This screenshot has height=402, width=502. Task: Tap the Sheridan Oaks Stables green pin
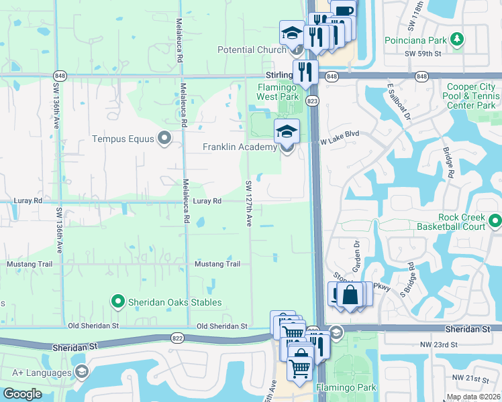coord(118,302)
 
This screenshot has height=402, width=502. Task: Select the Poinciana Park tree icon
coord(456,39)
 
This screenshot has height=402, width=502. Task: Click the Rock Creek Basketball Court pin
coord(495,220)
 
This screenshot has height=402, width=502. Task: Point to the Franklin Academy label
coord(240,147)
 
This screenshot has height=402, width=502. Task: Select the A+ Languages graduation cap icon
coord(81,373)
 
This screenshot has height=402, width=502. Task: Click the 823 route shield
coord(313,100)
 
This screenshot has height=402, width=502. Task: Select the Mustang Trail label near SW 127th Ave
coord(217,264)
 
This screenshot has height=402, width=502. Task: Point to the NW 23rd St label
coord(454,344)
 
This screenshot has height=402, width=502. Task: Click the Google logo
coord(22,394)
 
